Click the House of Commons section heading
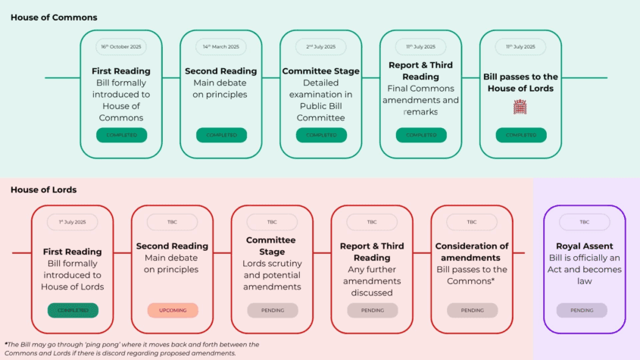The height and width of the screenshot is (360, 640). [54, 17]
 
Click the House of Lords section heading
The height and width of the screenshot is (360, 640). [44, 189]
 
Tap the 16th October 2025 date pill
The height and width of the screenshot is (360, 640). [121, 46]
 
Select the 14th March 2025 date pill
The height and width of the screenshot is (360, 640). [221, 46]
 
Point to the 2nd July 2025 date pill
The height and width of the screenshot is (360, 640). [321, 46]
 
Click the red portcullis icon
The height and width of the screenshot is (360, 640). [520, 107]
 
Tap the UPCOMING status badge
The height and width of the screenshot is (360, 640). [173, 310]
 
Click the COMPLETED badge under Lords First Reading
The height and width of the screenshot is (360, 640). [73, 310]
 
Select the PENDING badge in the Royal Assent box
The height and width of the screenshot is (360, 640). [582, 310]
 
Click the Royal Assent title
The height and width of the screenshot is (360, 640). [585, 246]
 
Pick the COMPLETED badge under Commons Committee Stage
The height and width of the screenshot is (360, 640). [321, 135]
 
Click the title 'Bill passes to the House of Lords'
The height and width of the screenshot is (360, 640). [520, 83]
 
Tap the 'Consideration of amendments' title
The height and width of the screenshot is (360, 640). [471, 252]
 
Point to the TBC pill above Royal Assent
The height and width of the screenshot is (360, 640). [585, 222]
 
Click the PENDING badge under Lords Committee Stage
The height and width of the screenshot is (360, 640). [273, 310]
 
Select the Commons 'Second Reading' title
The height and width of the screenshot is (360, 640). [221, 71]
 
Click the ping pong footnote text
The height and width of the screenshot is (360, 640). [132, 349]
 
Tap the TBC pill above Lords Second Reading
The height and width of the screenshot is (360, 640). [172, 222]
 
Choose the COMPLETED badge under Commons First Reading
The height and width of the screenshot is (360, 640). [122, 135]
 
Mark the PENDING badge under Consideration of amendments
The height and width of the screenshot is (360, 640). [473, 310]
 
